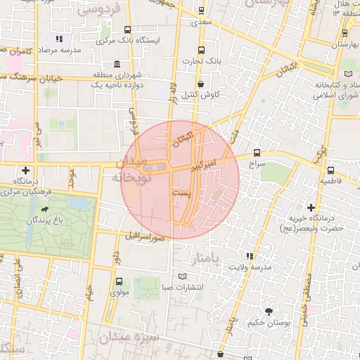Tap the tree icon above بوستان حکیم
click(269, 311)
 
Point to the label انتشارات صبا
click(182, 287)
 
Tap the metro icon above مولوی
click(118, 281)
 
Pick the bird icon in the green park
click(46, 209)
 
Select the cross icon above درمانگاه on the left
click(26, 170)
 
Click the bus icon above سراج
click(256, 152)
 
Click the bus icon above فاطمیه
click(331, 169)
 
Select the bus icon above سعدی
click(202, 11)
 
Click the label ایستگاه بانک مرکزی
click(131, 40)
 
